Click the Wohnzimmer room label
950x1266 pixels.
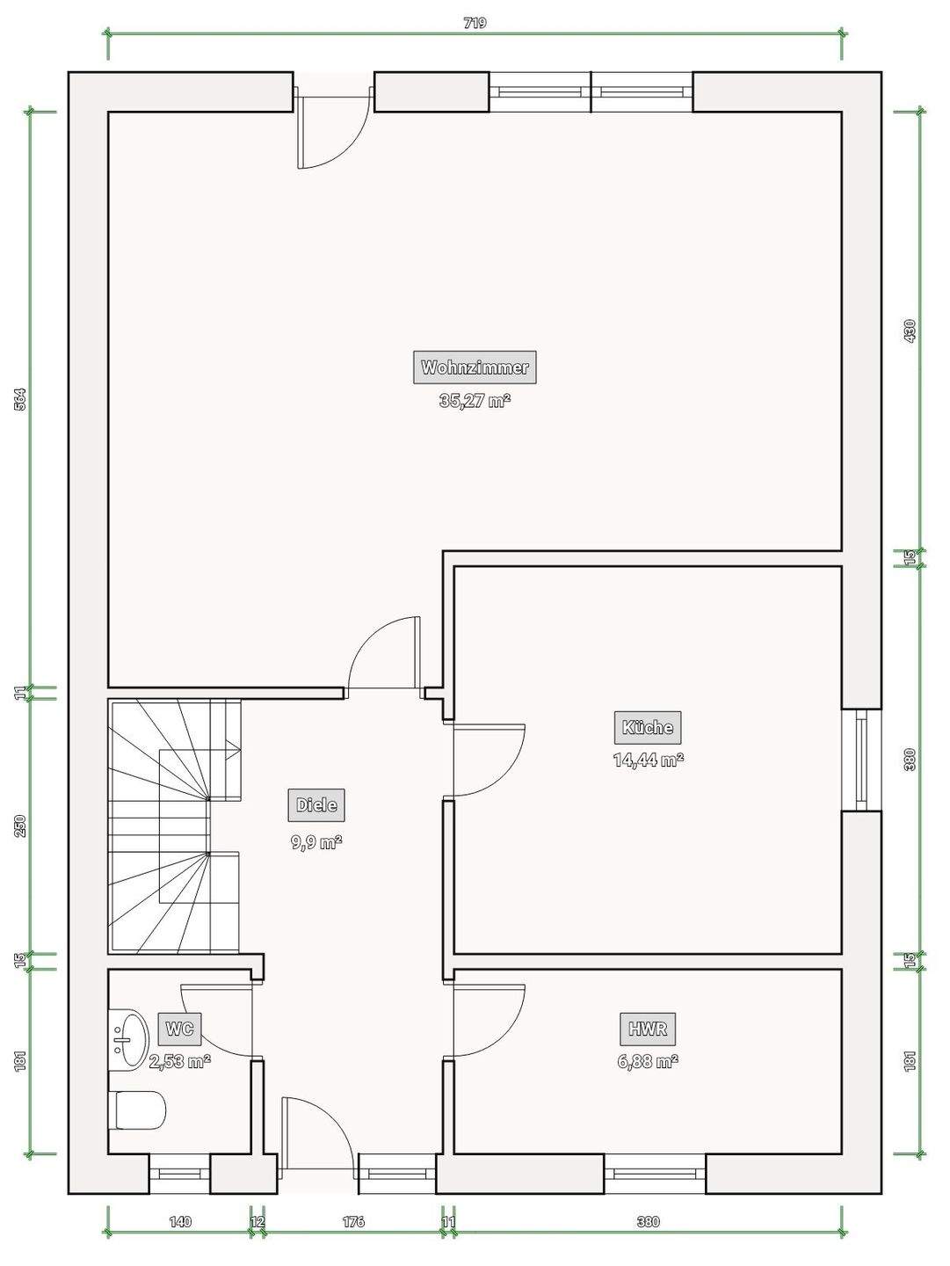(x=475, y=367)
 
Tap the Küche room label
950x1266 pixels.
(x=648, y=727)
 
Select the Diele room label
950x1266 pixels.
(x=316, y=805)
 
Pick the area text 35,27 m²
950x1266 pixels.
(x=475, y=400)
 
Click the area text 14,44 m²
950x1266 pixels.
(x=648, y=760)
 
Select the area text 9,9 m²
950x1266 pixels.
(x=316, y=842)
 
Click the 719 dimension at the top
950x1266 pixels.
(x=475, y=23)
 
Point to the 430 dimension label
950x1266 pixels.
(x=910, y=331)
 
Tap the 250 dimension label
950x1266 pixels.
(x=21, y=826)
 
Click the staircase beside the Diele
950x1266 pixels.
(x=174, y=826)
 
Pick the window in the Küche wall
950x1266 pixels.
(x=861, y=760)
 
